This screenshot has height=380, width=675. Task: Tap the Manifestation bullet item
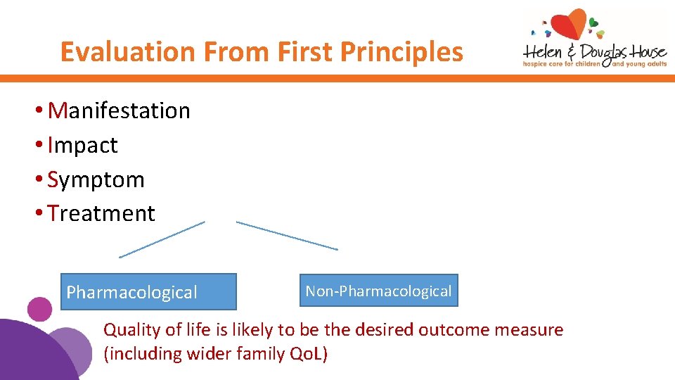pyautogui.click(x=119, y=110)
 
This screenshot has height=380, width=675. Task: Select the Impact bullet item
pyautogui.click(x=83, y=145)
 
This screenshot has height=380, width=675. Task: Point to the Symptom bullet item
pyautogui.click(x=96, y=179)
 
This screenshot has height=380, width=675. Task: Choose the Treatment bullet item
pyautogui.click(x=101, y=213)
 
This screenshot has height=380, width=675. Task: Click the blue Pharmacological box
pyautogui.click(x=148, y=292)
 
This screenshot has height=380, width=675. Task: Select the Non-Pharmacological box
pyautogui.click(x=378, y=291)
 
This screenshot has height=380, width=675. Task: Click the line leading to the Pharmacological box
pyautogui.click(x=162, y=239)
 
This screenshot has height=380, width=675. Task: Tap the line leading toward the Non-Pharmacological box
pyautogui.click(x=287, y=236)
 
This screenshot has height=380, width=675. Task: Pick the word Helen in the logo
pyautogui.click(x=542, y=53)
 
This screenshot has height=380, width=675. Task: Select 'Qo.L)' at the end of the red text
pyautogui.click(x=309, y=354)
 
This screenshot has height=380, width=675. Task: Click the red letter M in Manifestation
pyautogui.click(x=58, y=110)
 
